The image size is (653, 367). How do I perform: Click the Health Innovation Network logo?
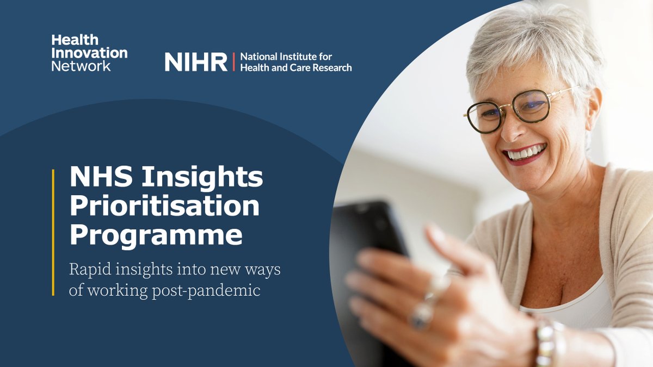point(89,53)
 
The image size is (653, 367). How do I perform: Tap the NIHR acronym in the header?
point(196,63)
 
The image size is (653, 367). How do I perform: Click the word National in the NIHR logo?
point(258,57)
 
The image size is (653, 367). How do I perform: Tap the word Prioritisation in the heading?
point(164,207)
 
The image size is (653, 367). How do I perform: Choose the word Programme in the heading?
point(156,236)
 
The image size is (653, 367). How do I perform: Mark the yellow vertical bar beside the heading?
point(53,232)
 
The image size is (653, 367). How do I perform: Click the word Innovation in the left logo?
point(89,53)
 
